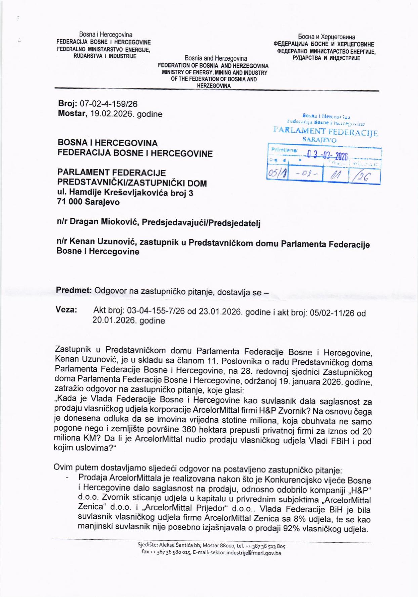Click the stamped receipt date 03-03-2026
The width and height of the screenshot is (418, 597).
click(326, 155)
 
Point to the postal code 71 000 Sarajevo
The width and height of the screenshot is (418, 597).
click(88, 202)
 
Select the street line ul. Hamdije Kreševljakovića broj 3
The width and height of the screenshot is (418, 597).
click(125, 193)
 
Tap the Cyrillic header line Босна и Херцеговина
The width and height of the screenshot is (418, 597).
click(326, 37)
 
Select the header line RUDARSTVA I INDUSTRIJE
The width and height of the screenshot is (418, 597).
click(105, 56)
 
